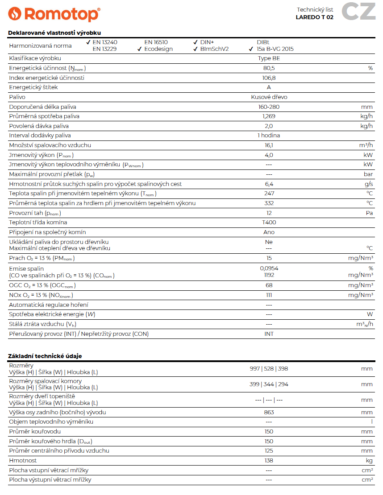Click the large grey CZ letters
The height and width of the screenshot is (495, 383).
pos(358,11)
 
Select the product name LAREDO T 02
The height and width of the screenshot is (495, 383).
pos(314,17)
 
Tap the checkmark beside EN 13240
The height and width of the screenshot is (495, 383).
pos(88,42)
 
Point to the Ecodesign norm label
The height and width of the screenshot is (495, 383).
pos(158,49)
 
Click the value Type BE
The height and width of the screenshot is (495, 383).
pos(269,58)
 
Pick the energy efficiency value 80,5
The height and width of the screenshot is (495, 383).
pos(269,68)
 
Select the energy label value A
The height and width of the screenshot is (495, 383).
pos(269,87)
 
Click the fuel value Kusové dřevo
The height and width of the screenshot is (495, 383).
pos(269,97)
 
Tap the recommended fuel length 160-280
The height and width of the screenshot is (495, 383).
pos(269,107)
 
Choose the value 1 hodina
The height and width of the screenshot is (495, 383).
pos(269,136)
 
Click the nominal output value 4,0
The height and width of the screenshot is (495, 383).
pos(269,155)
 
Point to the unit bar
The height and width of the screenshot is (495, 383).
pos(368,174)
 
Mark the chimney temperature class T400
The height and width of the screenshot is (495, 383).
pos(269,223)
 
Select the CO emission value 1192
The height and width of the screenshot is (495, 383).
pos(269,275)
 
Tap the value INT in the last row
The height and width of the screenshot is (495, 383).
pos(269,334)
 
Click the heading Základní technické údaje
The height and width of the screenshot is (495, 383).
pos(45,356)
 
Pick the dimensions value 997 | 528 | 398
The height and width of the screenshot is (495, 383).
pos(269,369)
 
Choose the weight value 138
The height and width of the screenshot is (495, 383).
pos(269,460)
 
